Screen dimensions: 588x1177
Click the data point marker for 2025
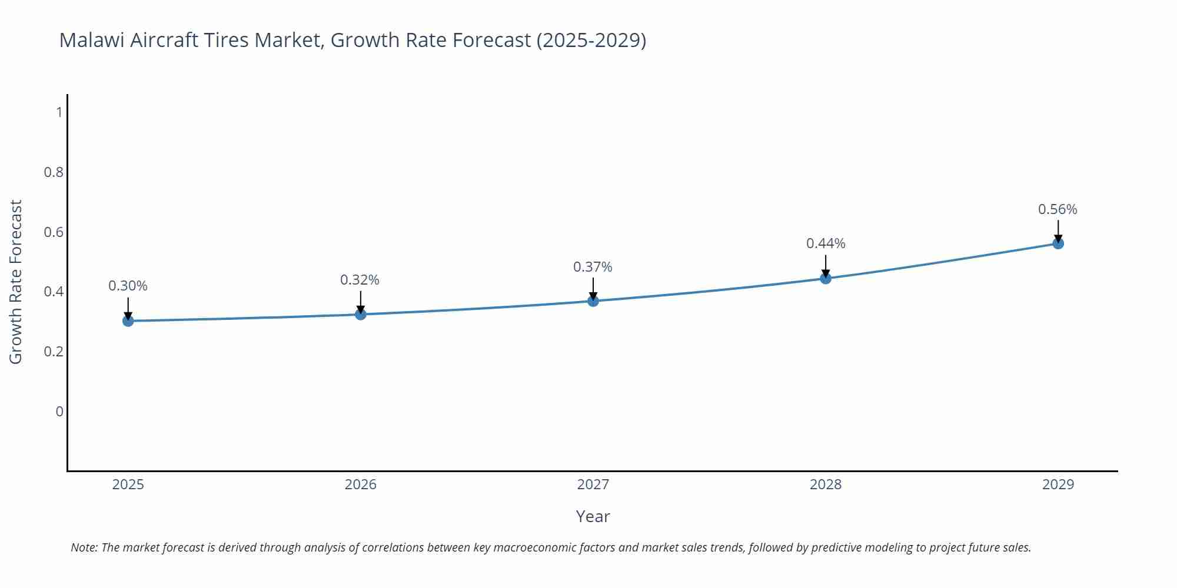(128, 320)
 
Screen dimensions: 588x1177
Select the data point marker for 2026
(361, 315)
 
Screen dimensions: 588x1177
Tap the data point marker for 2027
(593, 301)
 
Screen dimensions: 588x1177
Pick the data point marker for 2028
(826, 278)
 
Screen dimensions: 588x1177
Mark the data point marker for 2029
(1058, 243)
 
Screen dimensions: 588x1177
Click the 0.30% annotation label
(128, 286)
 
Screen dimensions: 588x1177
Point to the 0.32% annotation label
(360, 280)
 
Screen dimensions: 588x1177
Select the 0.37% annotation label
(593, 268)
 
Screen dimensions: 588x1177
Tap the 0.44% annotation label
(826, 243)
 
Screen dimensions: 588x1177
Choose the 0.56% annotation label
(1058, 210)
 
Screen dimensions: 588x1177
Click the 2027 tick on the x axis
(593, 485)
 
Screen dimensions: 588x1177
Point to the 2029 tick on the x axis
(1058, 485)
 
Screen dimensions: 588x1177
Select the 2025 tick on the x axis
(128, 485)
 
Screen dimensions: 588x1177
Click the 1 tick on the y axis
(59, 112)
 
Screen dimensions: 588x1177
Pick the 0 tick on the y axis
(59, 412)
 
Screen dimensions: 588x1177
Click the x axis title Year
(593, 516)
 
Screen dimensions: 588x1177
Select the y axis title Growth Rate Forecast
(16, 282)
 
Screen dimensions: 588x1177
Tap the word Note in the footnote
(84, 547)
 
